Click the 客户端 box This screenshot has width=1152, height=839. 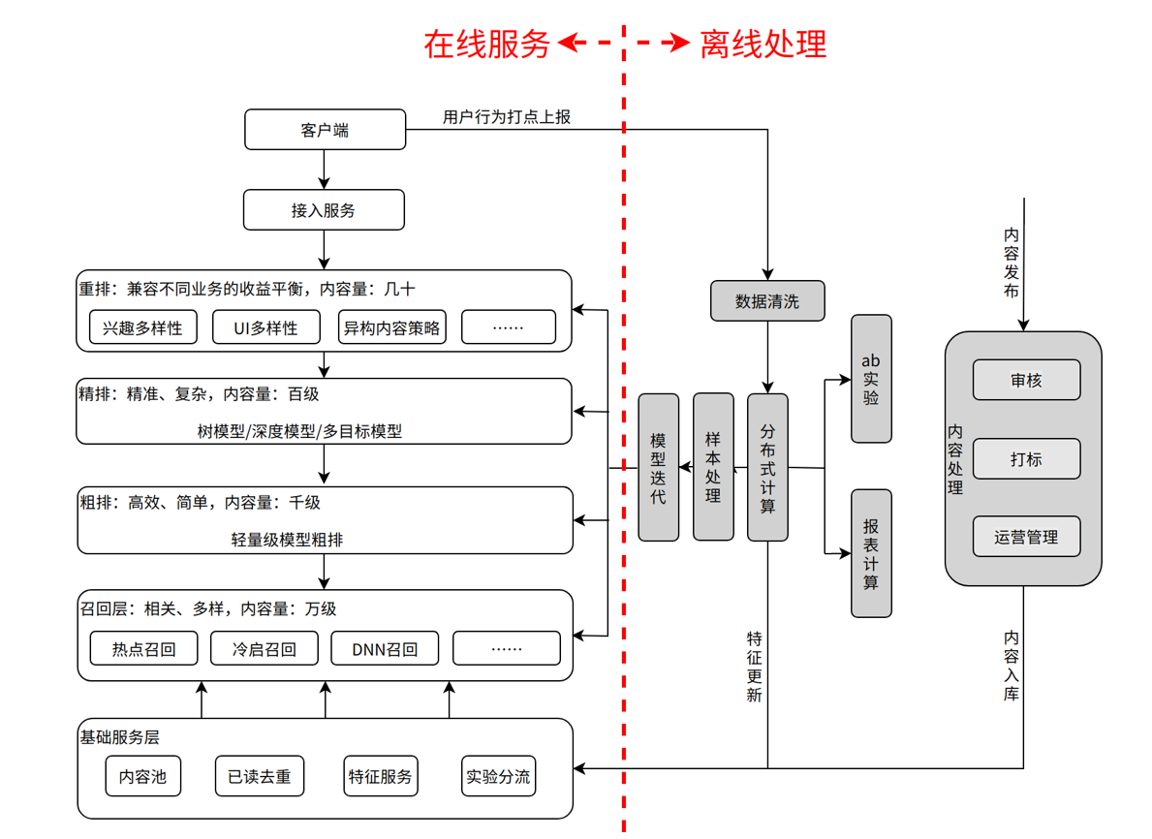[x=325, y=130]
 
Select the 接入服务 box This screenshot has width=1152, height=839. [x=324, y=210]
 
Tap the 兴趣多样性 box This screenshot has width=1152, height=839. [x=142, y=327]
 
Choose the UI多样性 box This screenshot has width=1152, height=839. [x=265, y=327]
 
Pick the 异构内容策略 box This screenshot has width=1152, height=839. [x=391, y=327]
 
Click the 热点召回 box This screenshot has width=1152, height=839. [x=143, y=649]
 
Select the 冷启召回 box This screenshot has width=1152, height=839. [x=265, y=649]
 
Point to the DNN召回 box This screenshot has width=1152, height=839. [x=385, y=649]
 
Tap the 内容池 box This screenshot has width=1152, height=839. [x=142, y=776]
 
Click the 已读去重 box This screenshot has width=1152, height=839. [x=259, y=776]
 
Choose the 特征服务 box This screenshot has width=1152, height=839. [x=381, y=776]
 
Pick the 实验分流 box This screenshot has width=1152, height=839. [x=498, y=776]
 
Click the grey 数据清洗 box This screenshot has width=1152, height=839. [x=767, y=301]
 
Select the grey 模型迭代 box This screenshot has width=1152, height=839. [x=659, y=467]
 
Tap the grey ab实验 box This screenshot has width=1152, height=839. [x=871, y=379]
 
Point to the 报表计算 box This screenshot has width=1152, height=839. [x=871, y=553]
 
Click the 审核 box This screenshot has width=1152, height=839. [x=1026, y=381]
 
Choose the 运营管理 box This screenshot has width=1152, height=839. [x=1026, y=537]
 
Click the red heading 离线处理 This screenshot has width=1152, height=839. [x=763, y=44]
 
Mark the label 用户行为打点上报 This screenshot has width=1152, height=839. [x=507, y=117]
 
